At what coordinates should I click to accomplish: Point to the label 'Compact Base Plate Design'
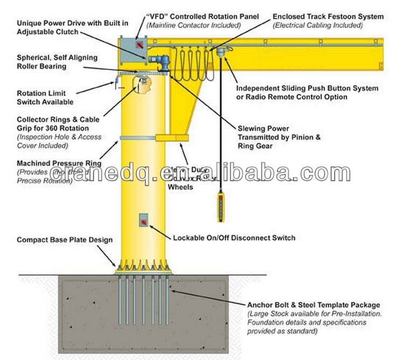65,240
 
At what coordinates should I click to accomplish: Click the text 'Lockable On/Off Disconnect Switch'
234,238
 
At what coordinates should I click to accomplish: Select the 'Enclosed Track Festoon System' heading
328,17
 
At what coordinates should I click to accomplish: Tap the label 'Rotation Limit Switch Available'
45,97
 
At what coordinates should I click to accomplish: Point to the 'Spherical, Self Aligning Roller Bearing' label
49,61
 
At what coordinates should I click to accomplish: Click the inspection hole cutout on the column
142,86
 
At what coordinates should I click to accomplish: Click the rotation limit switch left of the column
114,82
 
